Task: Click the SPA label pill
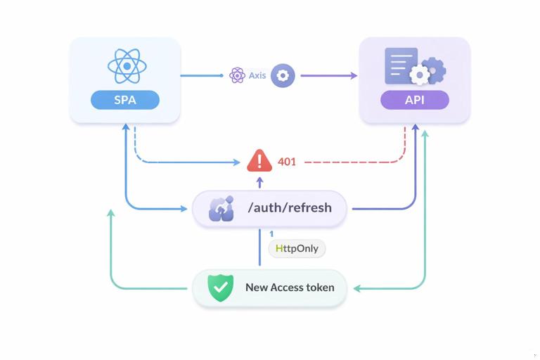point(125,100)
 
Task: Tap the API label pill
point(414,100)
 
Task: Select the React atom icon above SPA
point(127,67)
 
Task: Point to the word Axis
point(257,75)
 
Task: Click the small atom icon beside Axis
point(237,75)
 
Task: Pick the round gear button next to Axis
point(283,75)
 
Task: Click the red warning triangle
point(259,161)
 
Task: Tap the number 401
point(287,162)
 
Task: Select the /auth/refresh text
point(289,208)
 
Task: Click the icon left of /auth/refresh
point(221,209)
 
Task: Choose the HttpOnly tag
point(297,249)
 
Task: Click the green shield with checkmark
point(220,288)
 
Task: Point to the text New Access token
point(290,288)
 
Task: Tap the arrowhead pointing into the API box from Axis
point(354,75)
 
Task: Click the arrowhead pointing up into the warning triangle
point(259,180)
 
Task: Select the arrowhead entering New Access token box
point(357,288)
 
